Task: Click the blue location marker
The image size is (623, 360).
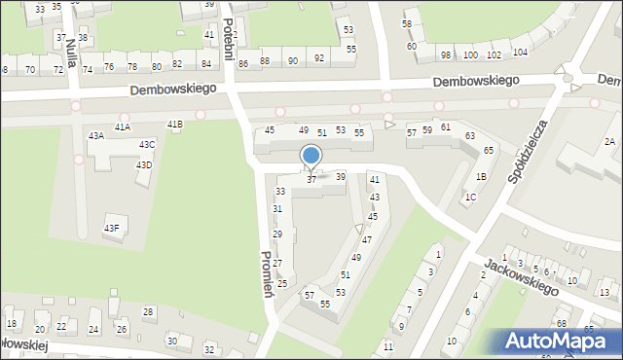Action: coord(311,156)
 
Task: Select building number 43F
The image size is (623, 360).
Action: coord(112,228)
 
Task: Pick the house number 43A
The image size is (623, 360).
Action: coord(96,136)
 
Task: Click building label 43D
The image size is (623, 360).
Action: coord(143,165)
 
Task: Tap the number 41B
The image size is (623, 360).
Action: coord(174,125)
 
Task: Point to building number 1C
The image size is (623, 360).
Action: coord(470,198)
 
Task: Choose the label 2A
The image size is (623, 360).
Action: coord(609,142)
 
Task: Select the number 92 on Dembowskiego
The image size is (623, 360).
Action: coord(319,60)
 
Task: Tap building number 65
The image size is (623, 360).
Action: coord(489,150)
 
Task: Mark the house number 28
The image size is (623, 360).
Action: coord(148,311)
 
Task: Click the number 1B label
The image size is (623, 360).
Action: coord(481,177)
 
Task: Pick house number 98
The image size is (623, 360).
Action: coord(445,55)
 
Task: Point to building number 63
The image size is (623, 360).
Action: coord(470,135)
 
